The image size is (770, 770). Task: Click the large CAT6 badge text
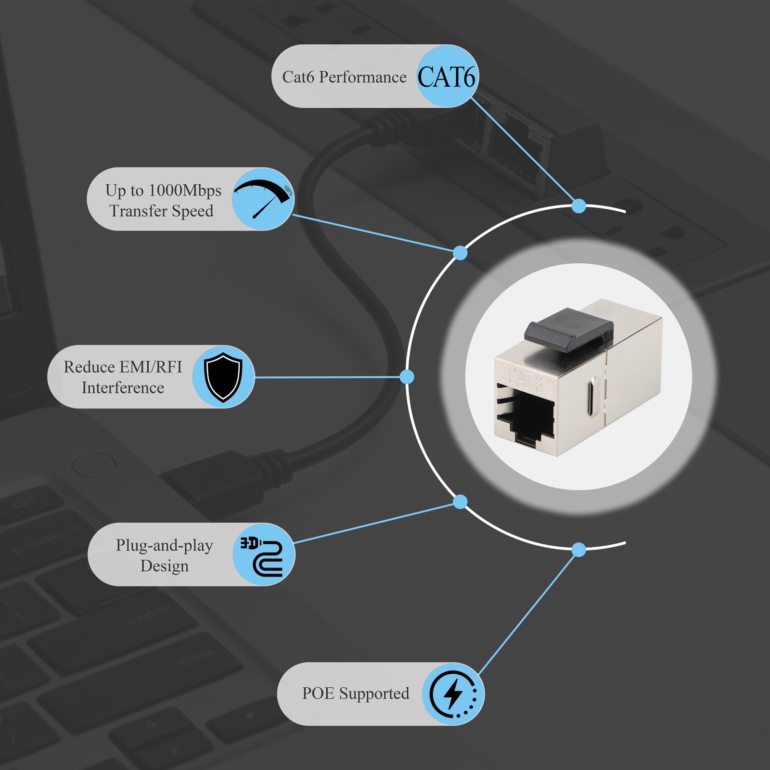(x=446, y=77)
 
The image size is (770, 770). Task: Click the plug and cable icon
(x=262, y=556)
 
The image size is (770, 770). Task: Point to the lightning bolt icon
(x=453, y=693)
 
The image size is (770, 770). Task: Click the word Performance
(x=363, y=77)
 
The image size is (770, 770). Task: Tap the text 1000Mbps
(x=185, y=191)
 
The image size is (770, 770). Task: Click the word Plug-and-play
(x=165, y=546)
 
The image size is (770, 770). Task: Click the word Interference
(x=123, y=388)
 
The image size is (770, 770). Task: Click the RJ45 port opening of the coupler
(x=526, y=413)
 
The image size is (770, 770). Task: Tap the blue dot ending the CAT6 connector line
(x=579, y=206)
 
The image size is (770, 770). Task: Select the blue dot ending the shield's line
(x=407, y=377)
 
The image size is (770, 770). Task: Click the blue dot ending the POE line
(x=579, y=550)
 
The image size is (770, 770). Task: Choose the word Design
(x=165, y=566)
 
